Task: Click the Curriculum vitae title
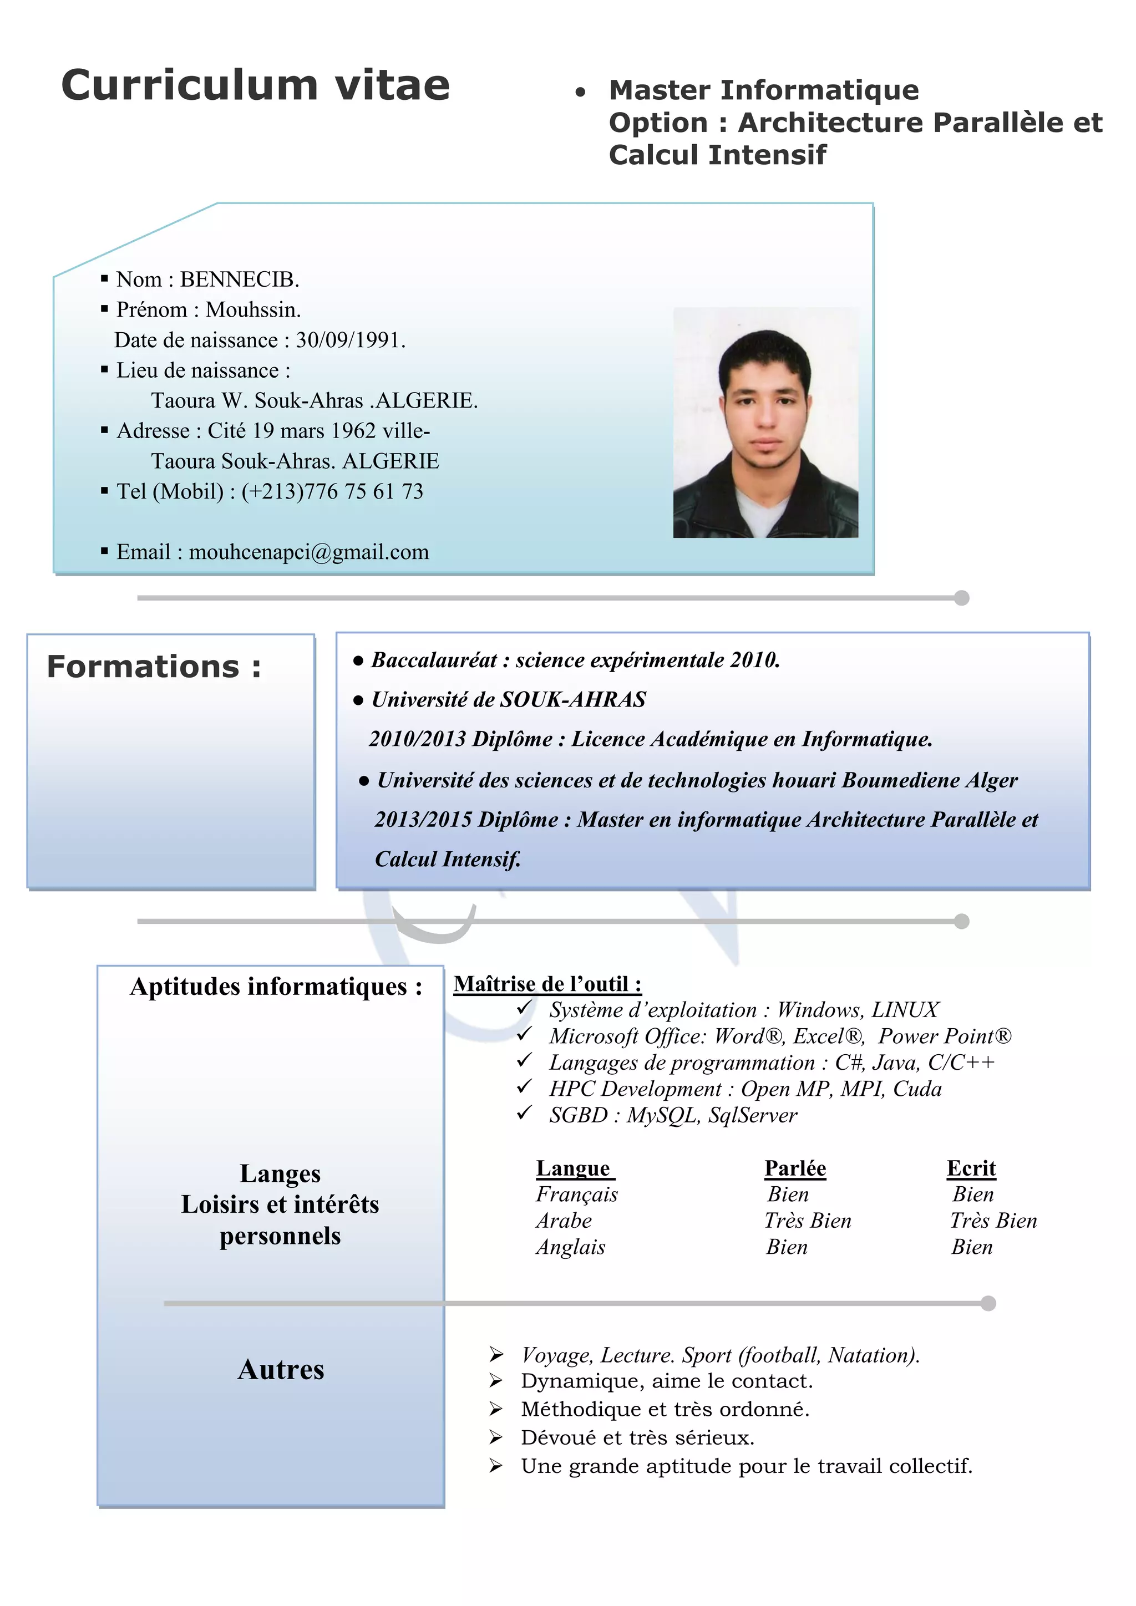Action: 255,85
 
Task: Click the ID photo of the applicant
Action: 765,423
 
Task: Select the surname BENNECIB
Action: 239,280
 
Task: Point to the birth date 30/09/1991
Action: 350,340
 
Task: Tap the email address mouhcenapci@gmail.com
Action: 308,552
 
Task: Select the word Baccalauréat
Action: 434,659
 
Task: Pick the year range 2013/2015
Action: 423,819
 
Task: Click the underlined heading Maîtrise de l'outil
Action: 547,984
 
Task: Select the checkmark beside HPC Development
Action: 525,1087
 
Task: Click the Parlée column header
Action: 795,1168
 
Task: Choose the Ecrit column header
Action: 971,1168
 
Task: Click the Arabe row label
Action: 564,1221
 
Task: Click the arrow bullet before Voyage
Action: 496,1355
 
